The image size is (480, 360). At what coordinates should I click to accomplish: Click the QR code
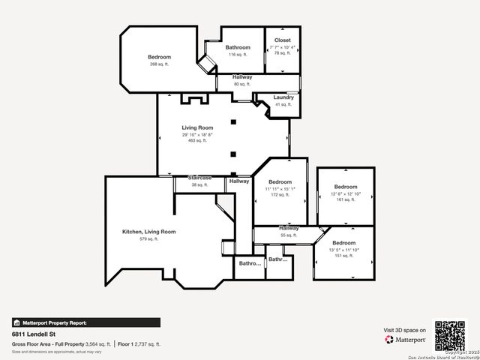(x=450, y=335)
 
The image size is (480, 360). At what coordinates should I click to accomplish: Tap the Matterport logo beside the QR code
(x=405, y=340)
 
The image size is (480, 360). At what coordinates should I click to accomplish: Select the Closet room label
(x=282, y=40)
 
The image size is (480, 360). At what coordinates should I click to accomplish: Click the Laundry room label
(x=283, y=97)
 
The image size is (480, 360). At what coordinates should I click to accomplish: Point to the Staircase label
(x=199, y=178)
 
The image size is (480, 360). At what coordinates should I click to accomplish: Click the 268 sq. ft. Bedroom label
(x=159, y=57)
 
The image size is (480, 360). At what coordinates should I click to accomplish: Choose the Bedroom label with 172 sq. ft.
(x=280, y=182)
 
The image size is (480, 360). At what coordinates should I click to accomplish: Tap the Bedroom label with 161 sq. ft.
(x=345, y=187)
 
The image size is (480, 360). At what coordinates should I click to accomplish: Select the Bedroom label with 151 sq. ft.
(x=343, y=243)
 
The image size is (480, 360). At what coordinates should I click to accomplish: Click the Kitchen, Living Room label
(x=148, y=232)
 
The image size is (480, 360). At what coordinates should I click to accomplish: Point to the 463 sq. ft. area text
(x=197, y=140)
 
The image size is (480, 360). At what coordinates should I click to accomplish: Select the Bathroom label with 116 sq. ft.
(x=238, y=47)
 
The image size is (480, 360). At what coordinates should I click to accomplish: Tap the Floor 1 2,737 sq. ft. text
(x=139, y=343)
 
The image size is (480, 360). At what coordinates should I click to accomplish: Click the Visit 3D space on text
(x=405, y=330)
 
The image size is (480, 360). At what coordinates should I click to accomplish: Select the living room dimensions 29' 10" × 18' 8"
(x=197, y=134)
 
